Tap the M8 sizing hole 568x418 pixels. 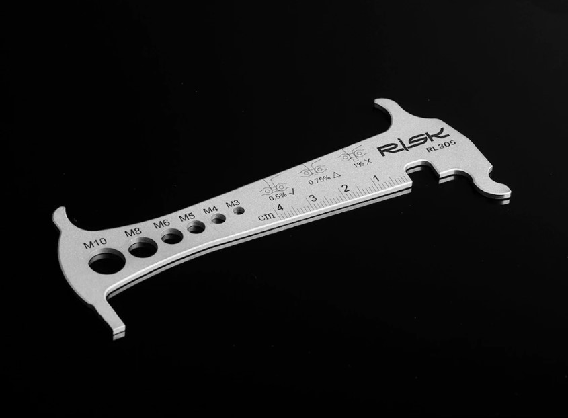point(141,249)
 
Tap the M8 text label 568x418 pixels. point(133,233)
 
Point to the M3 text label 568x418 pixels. point(233,202)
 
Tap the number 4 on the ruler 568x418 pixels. point(280,208)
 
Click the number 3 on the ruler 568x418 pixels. point(313,198)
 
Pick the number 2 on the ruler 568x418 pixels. point(345,188)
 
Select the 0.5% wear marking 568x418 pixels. point(279,196)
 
